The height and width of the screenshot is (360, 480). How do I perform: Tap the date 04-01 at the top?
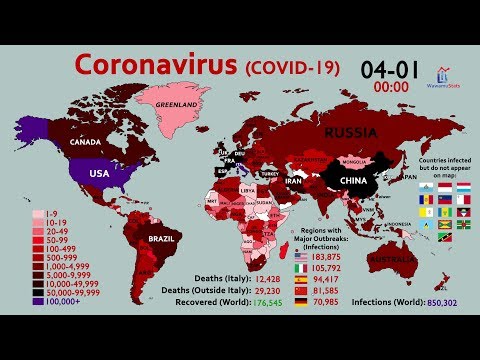pyautogui.click(x=391, y=69)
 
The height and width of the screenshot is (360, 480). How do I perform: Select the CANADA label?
pyautogui.click(x=88, y=143)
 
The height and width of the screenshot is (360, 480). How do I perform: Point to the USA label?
pyautogui.click(x=98, y=172)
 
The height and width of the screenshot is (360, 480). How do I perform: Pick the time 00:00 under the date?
pyautogui.click(x=391, y=86)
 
